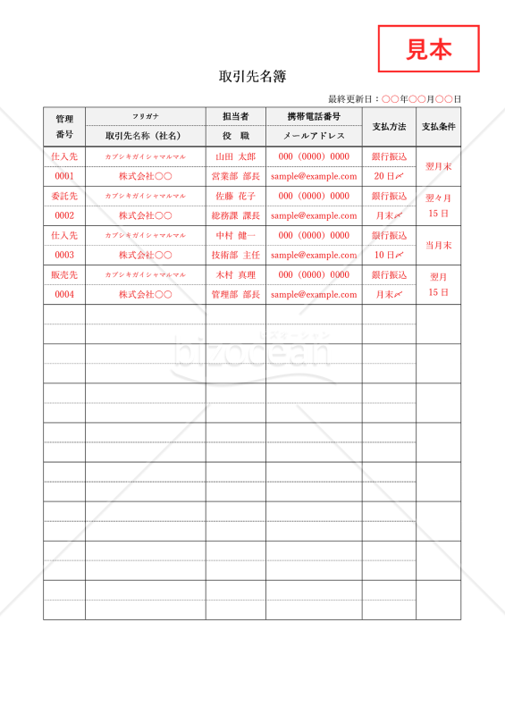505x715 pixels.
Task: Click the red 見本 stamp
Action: pos(429,48)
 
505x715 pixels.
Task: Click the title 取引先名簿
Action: pos(252,77)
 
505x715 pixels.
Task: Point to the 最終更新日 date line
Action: pos(394,99)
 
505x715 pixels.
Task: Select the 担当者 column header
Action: pos(235,116)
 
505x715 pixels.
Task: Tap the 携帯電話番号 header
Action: pos(314,116)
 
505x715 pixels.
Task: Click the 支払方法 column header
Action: pos(389,127)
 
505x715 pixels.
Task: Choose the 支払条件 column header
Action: pos(438,127)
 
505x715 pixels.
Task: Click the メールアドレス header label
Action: pos(314,136)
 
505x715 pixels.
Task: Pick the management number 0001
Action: pos(64,176)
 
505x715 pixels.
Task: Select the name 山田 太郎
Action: pos(235,156)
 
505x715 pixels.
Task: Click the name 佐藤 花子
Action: pos(235,196)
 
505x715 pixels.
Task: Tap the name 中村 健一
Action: pos(235,235)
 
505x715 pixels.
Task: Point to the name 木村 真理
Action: pos(235,274)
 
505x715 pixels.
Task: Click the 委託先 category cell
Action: pos(64,196)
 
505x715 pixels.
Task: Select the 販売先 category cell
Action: pos(64,274)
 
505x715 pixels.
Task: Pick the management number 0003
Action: pos(64,255)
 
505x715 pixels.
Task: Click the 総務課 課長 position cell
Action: pos(235,215)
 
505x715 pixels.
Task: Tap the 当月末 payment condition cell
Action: pos(438,245)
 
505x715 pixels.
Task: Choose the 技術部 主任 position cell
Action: pos(235,255)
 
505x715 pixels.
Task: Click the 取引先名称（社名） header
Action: pos(146,136)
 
